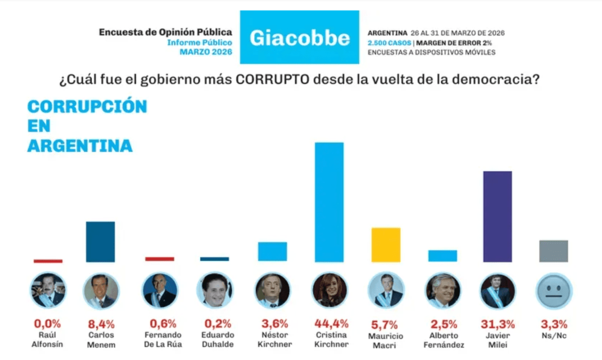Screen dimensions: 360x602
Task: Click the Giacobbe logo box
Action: point(300,37)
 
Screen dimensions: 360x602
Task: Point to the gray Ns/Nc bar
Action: point(553,251)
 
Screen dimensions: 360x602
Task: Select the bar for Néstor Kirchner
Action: point(272,251)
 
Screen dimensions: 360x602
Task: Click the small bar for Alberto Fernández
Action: point(443,255)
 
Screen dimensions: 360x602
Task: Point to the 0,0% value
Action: point(48,324)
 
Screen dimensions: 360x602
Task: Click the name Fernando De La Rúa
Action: point(159,339)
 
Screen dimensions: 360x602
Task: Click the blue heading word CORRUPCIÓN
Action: point(87,107)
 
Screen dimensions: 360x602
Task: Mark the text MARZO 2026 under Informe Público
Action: point(206,52)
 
